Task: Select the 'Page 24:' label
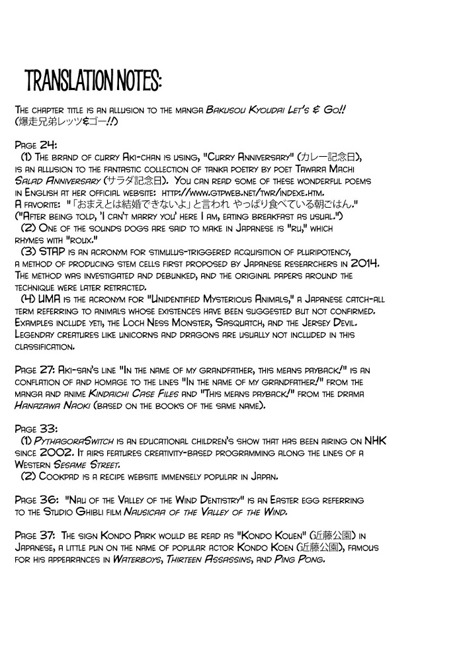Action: click(x=32, y=143)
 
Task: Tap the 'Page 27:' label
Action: click(x=34, y=371)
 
